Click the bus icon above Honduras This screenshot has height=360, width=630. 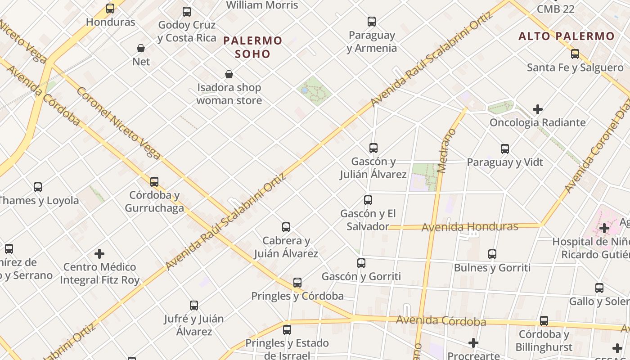click(x=110, y=8)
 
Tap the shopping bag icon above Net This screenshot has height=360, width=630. click(x=141, y=48)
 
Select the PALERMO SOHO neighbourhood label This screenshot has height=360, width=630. click(x=252, y=47)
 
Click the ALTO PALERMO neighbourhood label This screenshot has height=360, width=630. click(x=566, y=36)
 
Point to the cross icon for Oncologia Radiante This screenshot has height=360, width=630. click(x=537, y=109)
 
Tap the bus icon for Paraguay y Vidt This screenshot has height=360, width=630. click(x=505, y=148)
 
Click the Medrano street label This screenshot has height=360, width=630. click(x=446, y=151)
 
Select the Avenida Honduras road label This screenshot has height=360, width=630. click(x=469, y=227)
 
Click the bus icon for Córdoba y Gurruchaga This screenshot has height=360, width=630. click(x=154, y=182)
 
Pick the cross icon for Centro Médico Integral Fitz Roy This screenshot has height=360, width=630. click(x=99, y=254)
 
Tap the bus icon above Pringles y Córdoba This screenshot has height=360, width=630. click(x=297, y=283)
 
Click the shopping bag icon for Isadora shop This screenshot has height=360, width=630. click(x=229, y=74)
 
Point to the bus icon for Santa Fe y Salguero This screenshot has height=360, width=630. click(x=575, y=54)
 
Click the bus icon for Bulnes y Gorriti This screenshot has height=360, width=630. click(x=492, y=254)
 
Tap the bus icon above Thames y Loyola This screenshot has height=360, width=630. click(x=38, y=187)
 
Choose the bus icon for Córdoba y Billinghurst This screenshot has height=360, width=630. click(x=544, y=321)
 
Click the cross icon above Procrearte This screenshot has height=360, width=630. click(x=473, y=343)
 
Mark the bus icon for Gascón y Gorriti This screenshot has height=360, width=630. click(x=361, y=263)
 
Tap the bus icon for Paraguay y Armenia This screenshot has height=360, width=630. click(x=372, y=21)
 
